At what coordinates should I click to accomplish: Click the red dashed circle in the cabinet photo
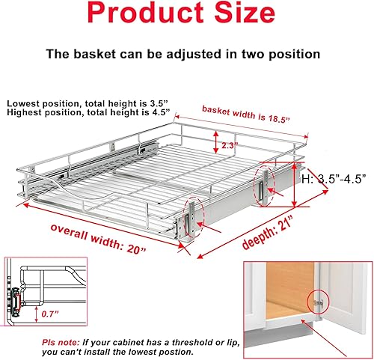(318, 299)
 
